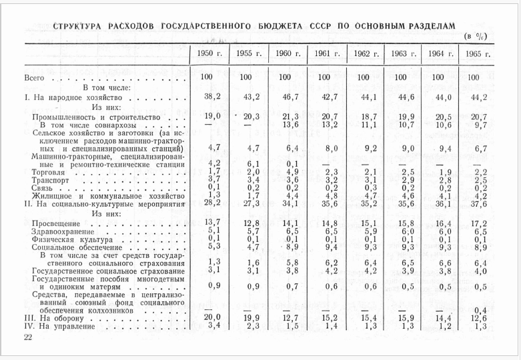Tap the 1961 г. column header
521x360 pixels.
click(324, 54)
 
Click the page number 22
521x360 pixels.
click(28, 338)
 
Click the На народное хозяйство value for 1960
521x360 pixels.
click(285, 97)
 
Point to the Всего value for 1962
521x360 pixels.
click(363, 77)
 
